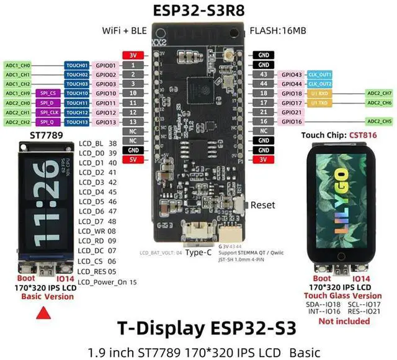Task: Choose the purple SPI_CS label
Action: click(x=47, y=93)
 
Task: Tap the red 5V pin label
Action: click(x=132, y=160)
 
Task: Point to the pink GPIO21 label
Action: click(x=292, y=112)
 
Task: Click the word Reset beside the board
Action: click(x=262, y=205)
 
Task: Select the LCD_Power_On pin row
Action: click(x=107, y=282)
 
